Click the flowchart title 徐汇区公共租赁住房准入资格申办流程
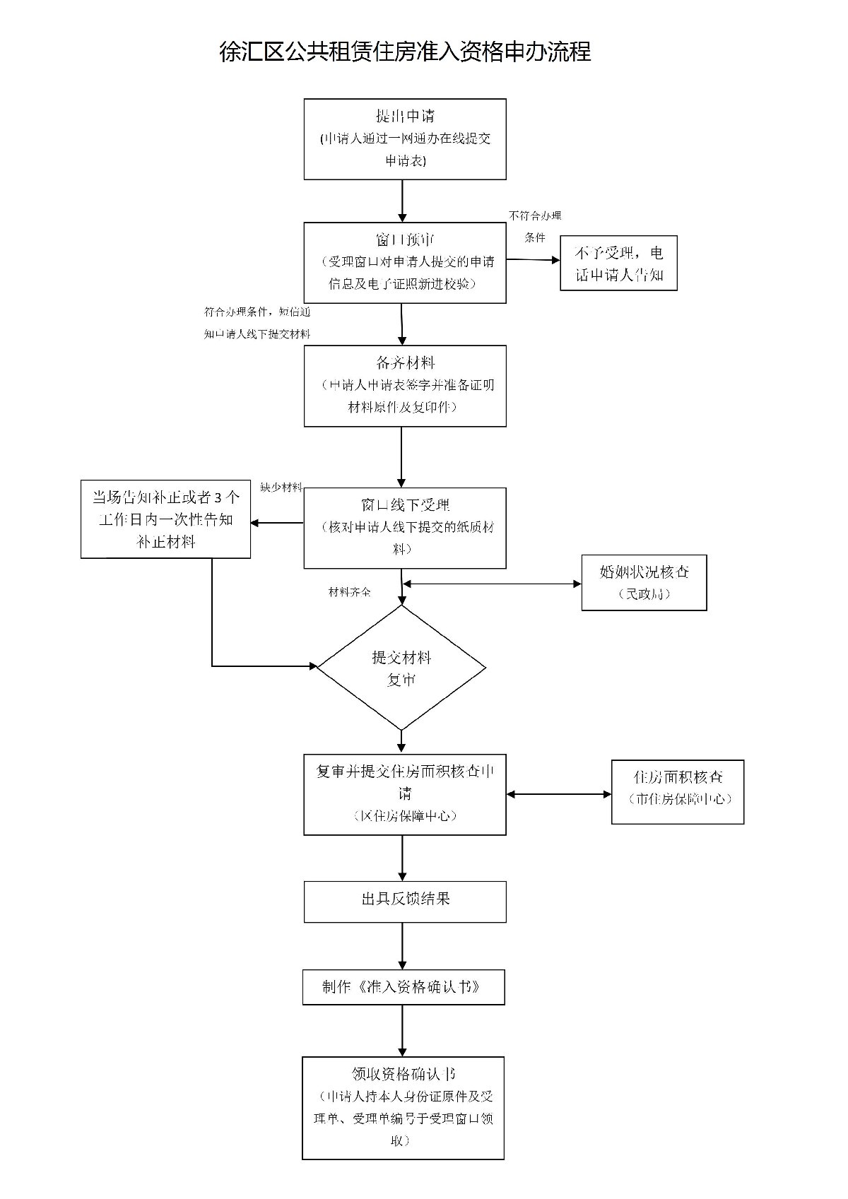click(x=405, y=52)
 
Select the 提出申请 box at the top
click(x=405, y=138)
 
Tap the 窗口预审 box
click(x=405, y=262)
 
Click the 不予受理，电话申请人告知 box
click(x=618, y=263)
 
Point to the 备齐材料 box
click(x=405, y=385)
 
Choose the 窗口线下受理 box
click(x=405, y=527)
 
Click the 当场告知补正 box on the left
click(x=165, y=519)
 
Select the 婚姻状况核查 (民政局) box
click(x=644, y=582)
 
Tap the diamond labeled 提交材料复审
click(x=401, y=668)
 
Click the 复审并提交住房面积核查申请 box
click(x=405, y=794)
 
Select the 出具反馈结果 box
click(x=405, y=901)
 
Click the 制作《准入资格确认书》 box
click(x=404, y=987)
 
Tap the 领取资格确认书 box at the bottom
click(x=403, y=1107)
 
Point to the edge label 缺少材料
click(x=281, y=488)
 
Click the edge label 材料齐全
click(x=349, y=592)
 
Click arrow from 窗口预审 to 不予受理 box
click(x=533, y=259)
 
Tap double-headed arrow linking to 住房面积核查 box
click(x=559, y=794)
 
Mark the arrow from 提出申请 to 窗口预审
click(x=402, y=201)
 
